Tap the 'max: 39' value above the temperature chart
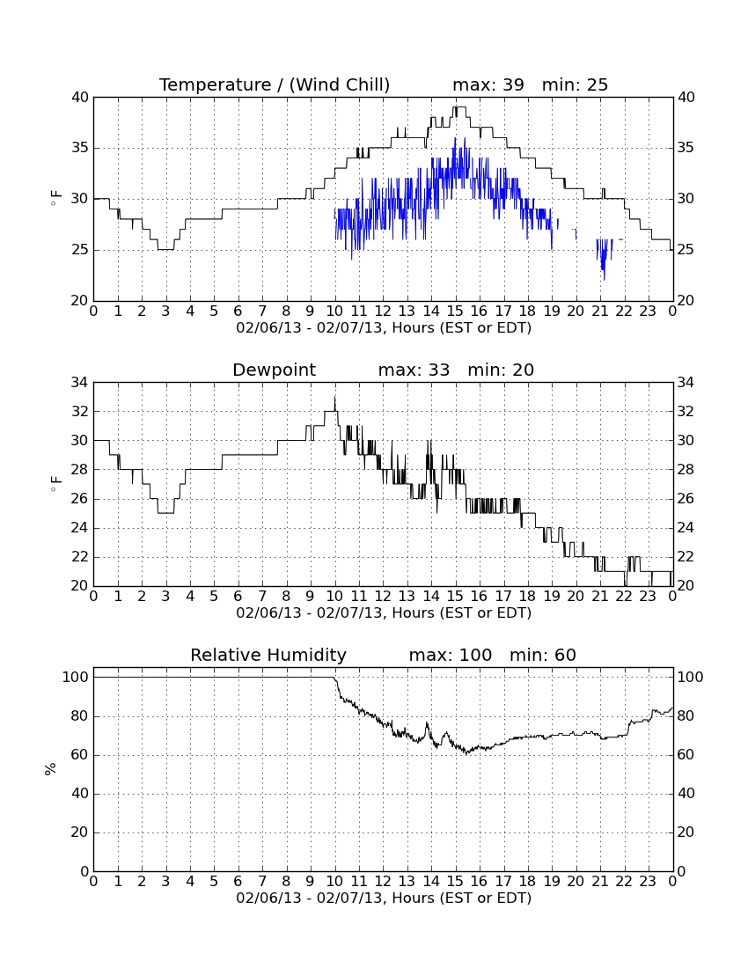click(x=488, y=84)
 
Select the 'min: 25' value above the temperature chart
click(x=575, y=84)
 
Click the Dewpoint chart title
click(x=274, y=370)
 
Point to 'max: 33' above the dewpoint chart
click(x=414, y=370)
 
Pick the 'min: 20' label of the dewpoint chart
click(x=501, y=370)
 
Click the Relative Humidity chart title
click(x=268, y=656)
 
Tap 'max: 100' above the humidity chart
click(x=451, y=655)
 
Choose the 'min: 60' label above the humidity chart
click(x=542, y=655)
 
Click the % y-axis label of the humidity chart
click(x=51, y=769)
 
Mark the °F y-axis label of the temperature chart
click(x=55, y=198)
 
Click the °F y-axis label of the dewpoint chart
click(x=55, y=484)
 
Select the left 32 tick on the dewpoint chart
click(x=80, y=412)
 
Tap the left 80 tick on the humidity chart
click(x=80, y=716)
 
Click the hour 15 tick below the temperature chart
click(x=455, y=312)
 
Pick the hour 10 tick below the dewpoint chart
click(x=334, y=597)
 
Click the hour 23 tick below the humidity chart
click(x=648, y=882)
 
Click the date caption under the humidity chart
click(x=384, y=898)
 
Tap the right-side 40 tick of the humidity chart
click(x=686, y=794)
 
